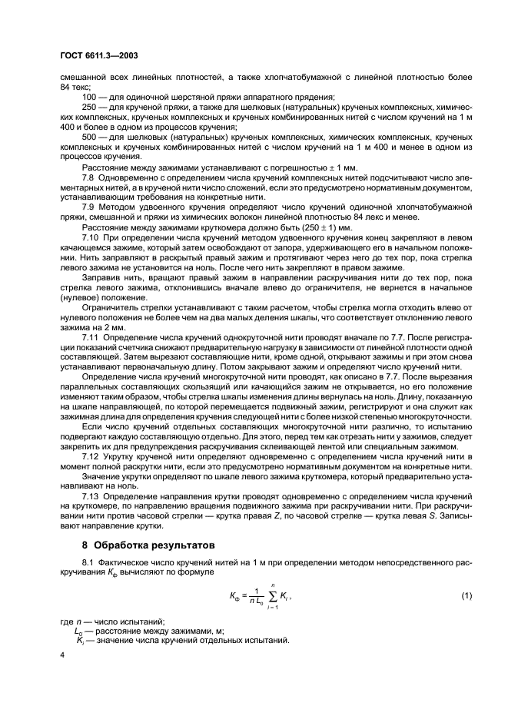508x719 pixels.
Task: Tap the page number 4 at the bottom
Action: [63, 654]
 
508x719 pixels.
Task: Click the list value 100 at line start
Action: [88, 97]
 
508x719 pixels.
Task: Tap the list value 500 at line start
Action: [88, 137]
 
